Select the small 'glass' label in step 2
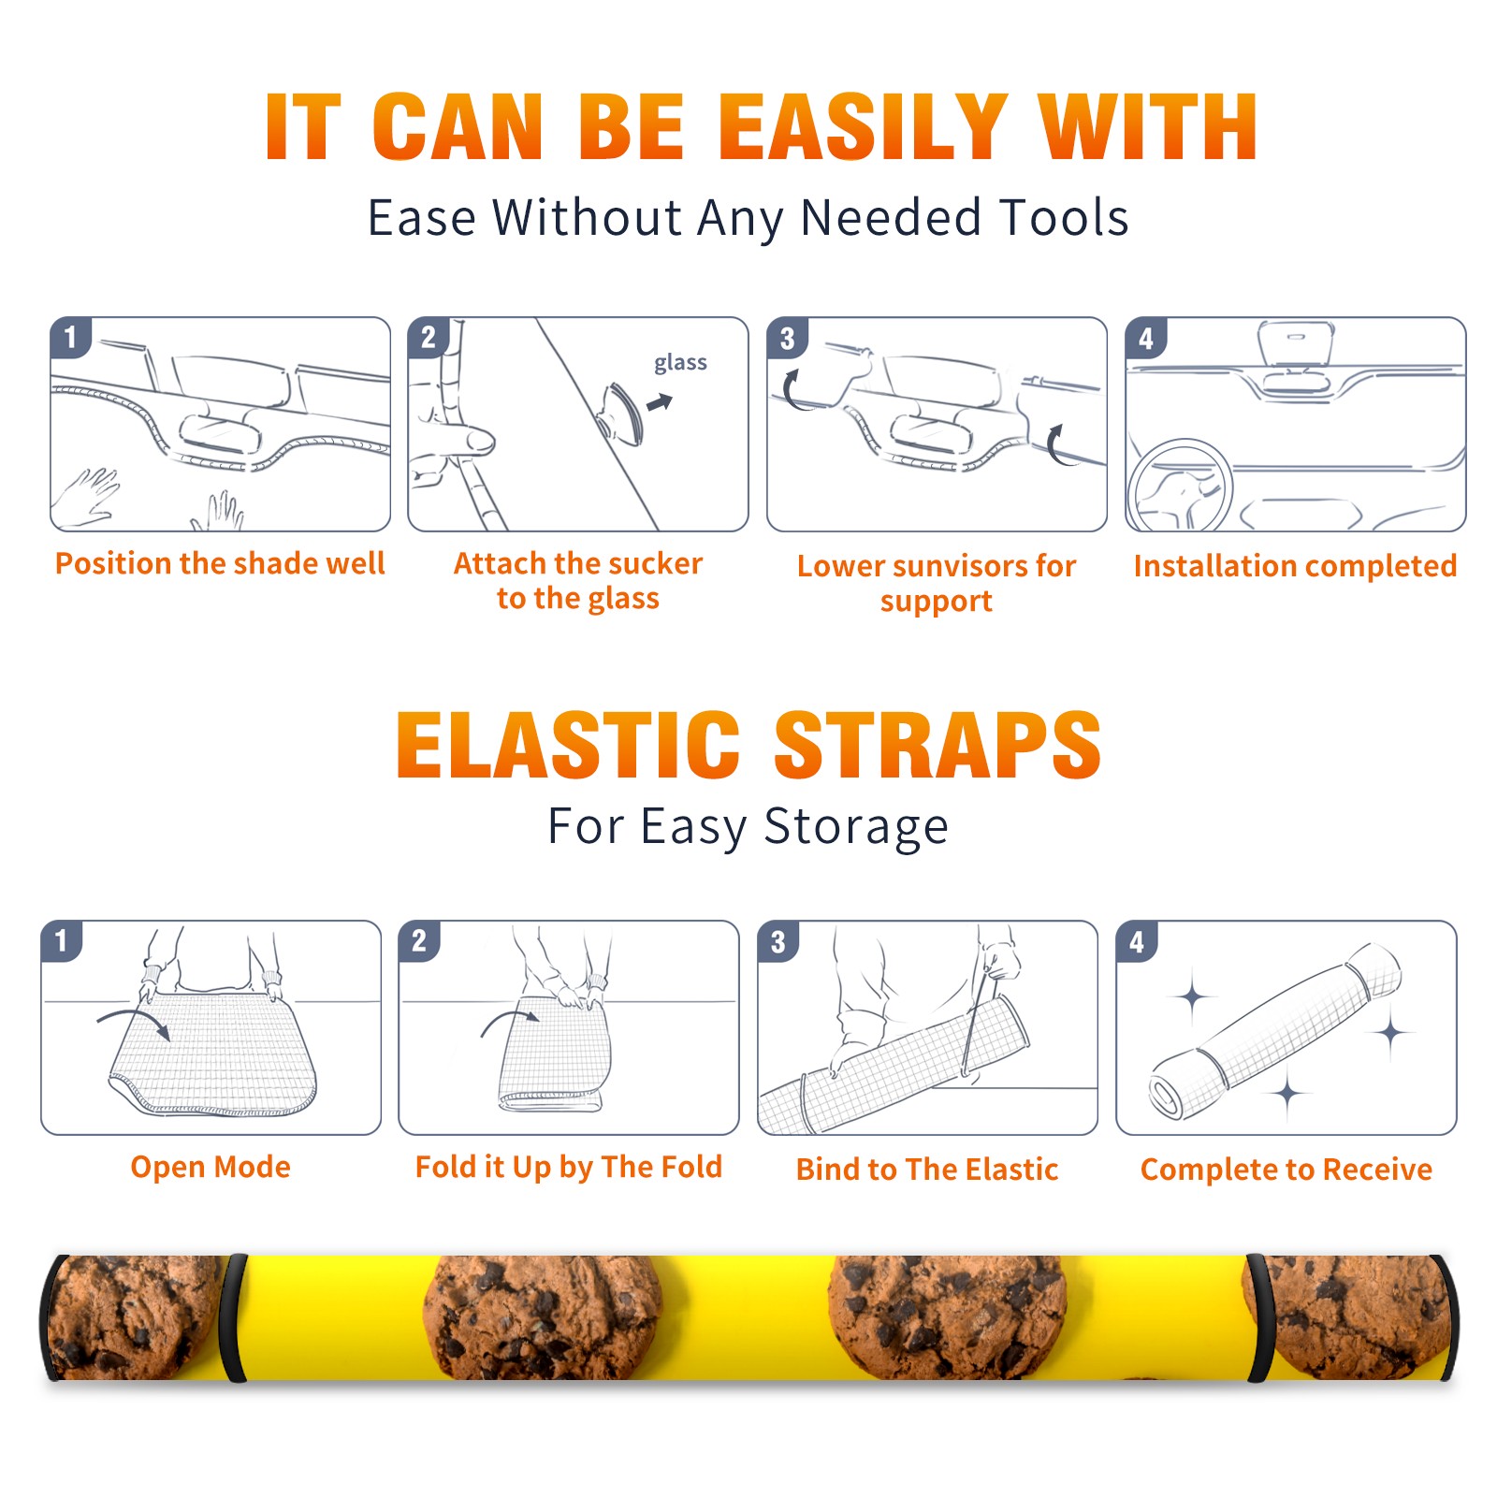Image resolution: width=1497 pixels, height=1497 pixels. (x=680, y=363)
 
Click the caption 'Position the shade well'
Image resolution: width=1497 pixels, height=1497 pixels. (x=220, y=563)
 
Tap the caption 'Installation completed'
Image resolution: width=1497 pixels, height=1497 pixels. (x=1295, y=566)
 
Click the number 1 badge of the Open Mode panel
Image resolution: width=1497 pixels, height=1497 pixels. (x=62, y=941)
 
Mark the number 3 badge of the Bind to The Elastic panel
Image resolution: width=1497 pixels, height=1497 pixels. (x=778, y=941)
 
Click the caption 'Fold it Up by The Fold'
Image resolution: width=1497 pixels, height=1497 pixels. (x=569, y=1167)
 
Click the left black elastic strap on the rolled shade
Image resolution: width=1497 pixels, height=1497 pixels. (x=233, y=1318)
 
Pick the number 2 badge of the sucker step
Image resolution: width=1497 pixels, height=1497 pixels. (x=429, y=338)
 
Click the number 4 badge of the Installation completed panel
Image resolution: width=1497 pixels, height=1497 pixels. (x=1146, y=338)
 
